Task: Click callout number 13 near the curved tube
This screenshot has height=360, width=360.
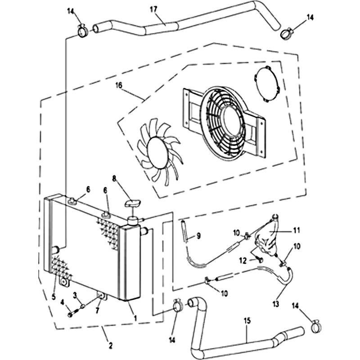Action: (275, 304)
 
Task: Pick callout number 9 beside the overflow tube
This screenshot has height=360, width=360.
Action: (198, 236)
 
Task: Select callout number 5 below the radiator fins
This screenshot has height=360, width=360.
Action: (54, 297)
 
